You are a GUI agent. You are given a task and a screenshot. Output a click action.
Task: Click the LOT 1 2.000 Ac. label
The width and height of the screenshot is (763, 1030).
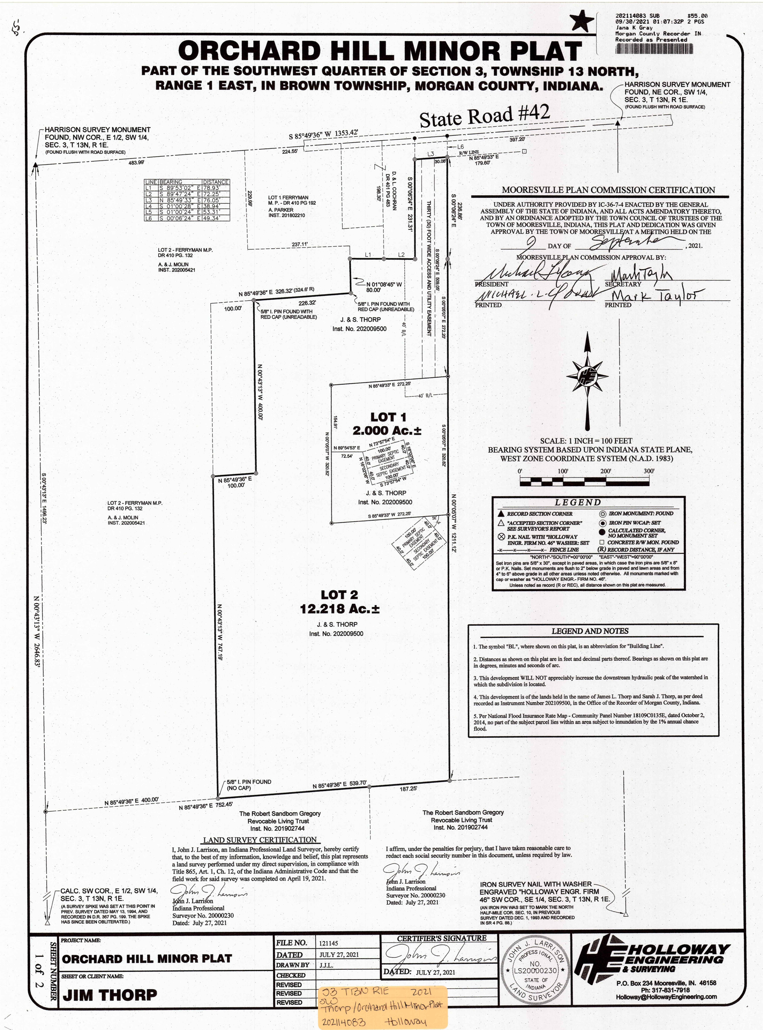(x=387, y=424)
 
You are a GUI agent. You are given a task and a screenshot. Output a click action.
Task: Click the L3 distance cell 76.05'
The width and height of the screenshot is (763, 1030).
(x=215, y=200)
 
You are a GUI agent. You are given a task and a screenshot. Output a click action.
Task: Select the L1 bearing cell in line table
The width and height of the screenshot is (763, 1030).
(x=180, y=188)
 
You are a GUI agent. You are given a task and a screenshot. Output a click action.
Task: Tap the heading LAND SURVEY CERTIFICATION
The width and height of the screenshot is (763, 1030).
(x=260, y=840)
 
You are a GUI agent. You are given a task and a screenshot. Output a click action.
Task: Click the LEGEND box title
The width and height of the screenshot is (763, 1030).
(x=577, y=502)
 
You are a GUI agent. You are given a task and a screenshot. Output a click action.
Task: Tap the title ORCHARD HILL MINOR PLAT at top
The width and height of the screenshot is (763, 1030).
(x=380, y=51)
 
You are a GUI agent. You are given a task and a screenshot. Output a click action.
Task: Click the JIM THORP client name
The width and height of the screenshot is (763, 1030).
(x=110, y=995)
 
